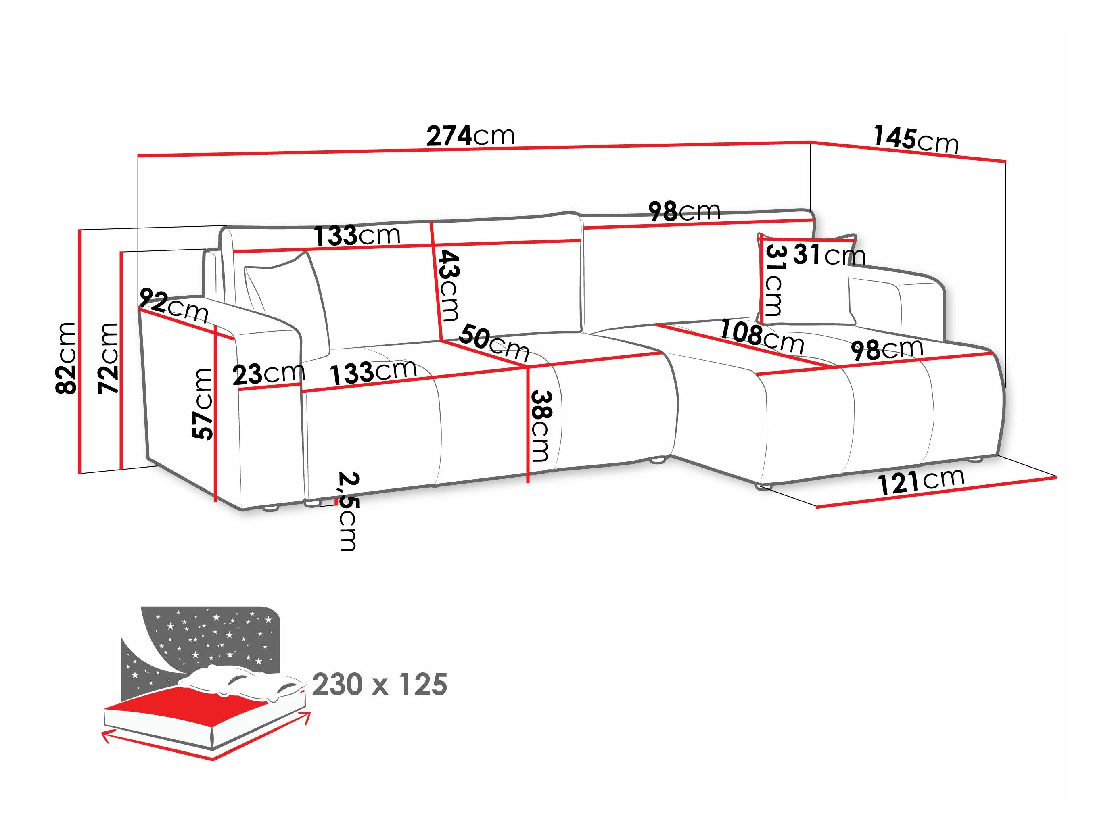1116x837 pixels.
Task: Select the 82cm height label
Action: (x=66, y=358)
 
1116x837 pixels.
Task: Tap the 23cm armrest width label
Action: (x=268, y=374)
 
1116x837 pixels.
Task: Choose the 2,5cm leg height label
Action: (x=348, y=511)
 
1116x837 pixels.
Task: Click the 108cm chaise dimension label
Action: (x=761, y=336)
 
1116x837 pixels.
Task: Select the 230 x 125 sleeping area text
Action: (x=379, y=685)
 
